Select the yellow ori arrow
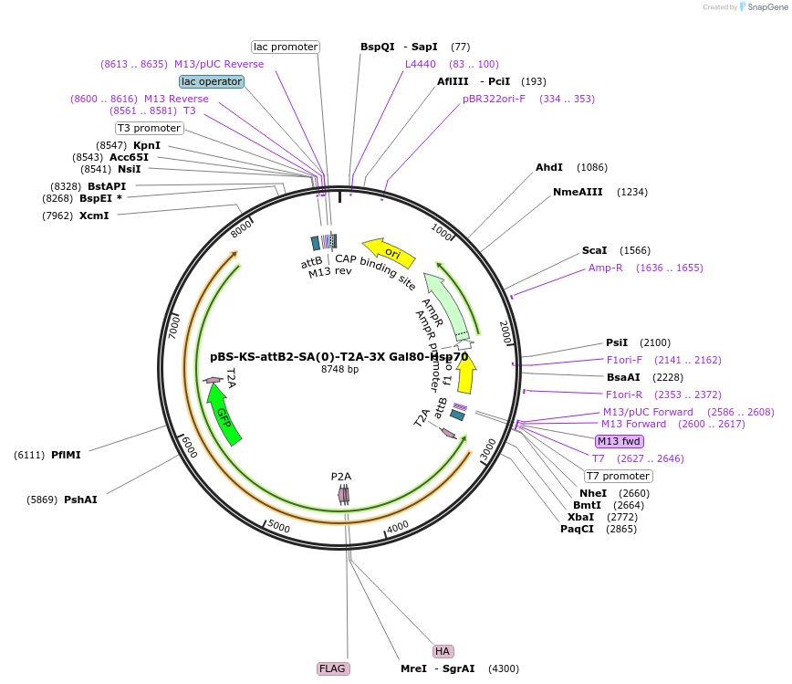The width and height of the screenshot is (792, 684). click(390, 249)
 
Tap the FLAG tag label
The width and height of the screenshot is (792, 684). click(332, 668)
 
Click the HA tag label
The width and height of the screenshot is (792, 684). click(443, 651)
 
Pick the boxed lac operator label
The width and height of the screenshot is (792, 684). click(212, 81)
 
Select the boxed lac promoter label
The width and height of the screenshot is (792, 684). click(286, 47)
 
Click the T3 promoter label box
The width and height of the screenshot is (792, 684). click(149, 128)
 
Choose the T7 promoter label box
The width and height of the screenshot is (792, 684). click(619, 476)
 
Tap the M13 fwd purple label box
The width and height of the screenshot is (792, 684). click(620, 441)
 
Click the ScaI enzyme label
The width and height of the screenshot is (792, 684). click(594, 250)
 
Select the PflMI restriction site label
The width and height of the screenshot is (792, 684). click(66, 455)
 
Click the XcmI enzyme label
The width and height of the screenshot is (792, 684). click(94, 216)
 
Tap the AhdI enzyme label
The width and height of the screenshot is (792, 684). click(548, 167)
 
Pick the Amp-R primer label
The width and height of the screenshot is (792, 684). click(605, 268)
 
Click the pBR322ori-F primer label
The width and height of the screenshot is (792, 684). click(494, 99)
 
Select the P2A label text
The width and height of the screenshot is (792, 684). click(341, 476)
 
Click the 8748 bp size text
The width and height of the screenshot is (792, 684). click(339, 369)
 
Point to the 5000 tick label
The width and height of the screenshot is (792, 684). click(278, 528)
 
